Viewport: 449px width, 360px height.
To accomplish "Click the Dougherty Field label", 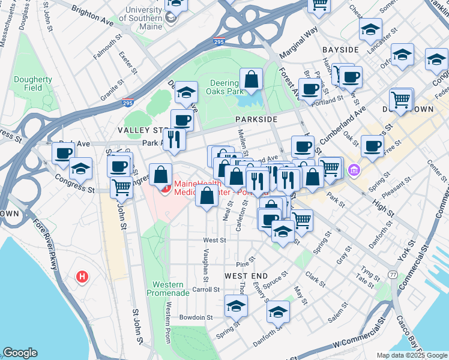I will [33, 83].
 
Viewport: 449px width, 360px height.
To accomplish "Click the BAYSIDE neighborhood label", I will [340, 49].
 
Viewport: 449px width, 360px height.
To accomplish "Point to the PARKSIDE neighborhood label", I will [256, 119].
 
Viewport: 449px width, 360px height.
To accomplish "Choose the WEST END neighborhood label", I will [246, 275].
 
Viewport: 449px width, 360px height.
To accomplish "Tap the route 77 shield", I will [393, 274].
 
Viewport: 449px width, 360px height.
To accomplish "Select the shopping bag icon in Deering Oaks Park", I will [252, 79].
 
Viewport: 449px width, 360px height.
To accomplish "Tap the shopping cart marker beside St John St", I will [121, 188].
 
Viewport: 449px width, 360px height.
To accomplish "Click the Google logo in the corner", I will [20, 353].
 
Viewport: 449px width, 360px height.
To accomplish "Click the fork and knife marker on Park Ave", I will [174, 139].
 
